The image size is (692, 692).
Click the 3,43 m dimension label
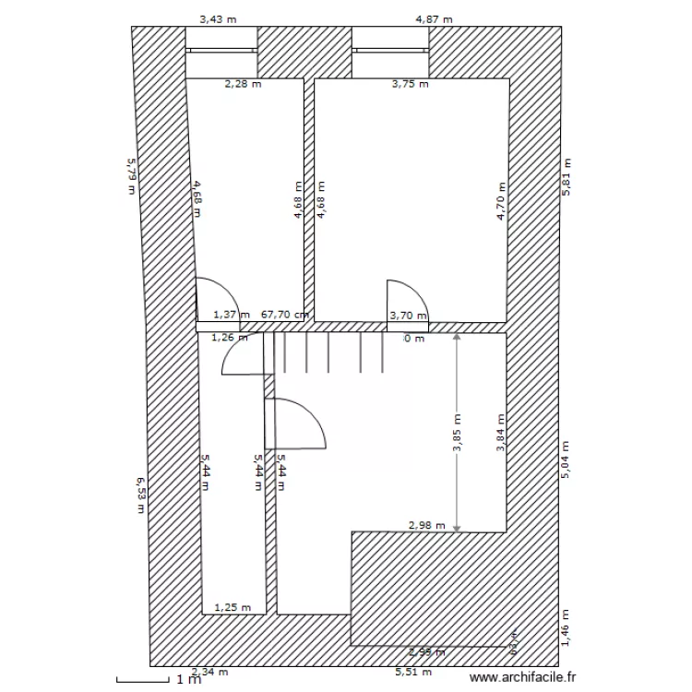(220, 18)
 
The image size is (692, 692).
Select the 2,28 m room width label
(244, 84)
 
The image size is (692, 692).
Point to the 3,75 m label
(411, 84)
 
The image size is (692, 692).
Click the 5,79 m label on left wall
(131, 175)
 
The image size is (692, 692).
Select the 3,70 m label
(409, 316)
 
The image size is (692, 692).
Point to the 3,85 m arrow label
(457, 434)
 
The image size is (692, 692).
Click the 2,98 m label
(427, 526)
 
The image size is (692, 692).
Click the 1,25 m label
(233, 607)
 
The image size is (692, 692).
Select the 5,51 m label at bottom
(412, 673)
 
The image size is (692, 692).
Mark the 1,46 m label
(567, 627)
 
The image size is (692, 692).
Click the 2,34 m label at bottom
(209, 673)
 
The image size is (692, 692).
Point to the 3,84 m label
(501, 434)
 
